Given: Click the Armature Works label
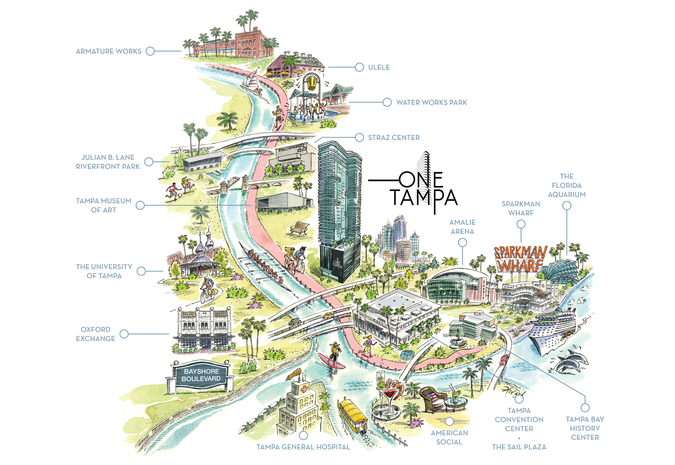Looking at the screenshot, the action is click(109, 51).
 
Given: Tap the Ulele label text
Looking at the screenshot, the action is click(379, 67).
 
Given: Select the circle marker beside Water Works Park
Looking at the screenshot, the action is click(387, 102).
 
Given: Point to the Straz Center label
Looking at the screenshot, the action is click(394, 138).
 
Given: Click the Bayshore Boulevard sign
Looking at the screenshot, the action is click(201, 375).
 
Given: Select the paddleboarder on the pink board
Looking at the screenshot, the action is click(332, 357).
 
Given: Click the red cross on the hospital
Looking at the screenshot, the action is click(305, 389).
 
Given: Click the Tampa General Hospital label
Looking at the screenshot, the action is click(303, 447).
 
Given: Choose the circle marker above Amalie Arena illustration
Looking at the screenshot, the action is click(463, 242).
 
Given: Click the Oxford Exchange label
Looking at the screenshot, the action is click(95, 334).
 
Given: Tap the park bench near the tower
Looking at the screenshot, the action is click(300, 228).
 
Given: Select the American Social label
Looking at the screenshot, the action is click(449, 437).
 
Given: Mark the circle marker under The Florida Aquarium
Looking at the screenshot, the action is click(566, 206).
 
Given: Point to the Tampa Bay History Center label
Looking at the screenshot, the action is click(585, 428).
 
